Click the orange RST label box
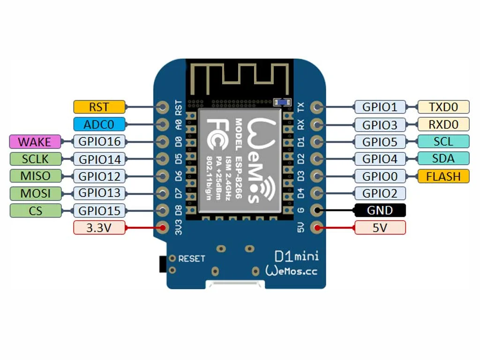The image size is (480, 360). tap(99, 107)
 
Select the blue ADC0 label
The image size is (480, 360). tap(99, 124)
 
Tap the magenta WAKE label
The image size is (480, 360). tap(35, 142)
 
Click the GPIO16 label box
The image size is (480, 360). tap(99, 142)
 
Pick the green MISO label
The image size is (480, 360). tap(35, 176)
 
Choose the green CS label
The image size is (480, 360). tap(35, 210)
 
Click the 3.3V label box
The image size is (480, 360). tap(99, 228)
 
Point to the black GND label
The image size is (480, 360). tap(380, 210)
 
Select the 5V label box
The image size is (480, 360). tap(380, 228)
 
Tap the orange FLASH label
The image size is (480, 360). tap(443, 176)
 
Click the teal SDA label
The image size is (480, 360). tap(443, 158)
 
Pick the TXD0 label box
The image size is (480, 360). tap(443, 107)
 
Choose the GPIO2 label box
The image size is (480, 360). tap(380, 193)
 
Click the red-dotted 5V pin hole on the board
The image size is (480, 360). tap(316, 228)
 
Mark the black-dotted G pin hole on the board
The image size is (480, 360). tap(316, 210)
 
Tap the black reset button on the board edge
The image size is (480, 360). tap(163, 264)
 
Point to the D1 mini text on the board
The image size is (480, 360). tap(296, 256)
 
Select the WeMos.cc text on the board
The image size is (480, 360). tap(291, 271)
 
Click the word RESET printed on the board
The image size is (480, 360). tap(192, 259)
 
